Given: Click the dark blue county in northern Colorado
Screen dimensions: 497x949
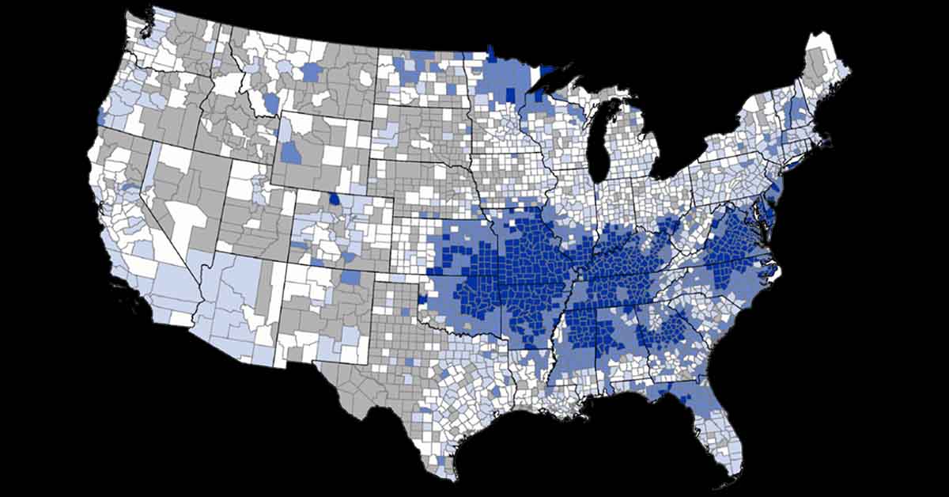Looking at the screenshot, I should (x=336, y=199).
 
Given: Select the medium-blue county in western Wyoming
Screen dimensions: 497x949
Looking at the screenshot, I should (x=290, y=153).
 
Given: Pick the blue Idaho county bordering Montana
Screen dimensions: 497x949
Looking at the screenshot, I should (x=271, y=104).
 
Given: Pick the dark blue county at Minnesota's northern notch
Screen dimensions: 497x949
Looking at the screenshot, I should (x=490, y=54).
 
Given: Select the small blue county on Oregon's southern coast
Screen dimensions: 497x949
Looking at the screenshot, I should (x=100, y=116).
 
